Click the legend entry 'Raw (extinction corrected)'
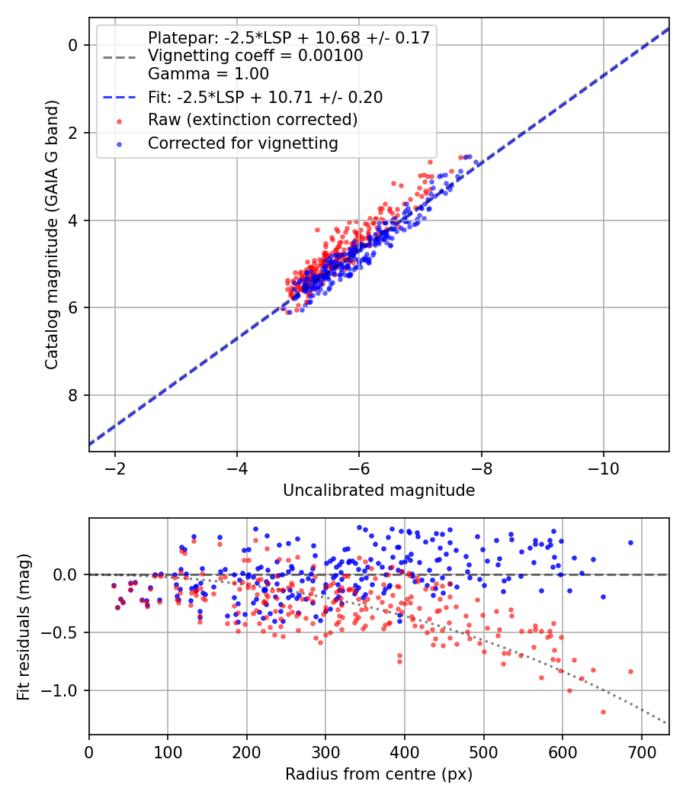[252, 120]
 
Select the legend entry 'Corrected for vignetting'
[242, 143]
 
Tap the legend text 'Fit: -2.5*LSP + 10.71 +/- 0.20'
[264, 97]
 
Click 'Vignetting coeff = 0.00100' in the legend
[255, 56]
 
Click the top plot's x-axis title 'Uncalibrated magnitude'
[379, 491]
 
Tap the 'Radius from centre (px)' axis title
[379, 774]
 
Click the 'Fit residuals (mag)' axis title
[24, 626]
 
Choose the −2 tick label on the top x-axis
[115, 468]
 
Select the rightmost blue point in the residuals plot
[630, 542]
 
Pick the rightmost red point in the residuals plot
[630, 671]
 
